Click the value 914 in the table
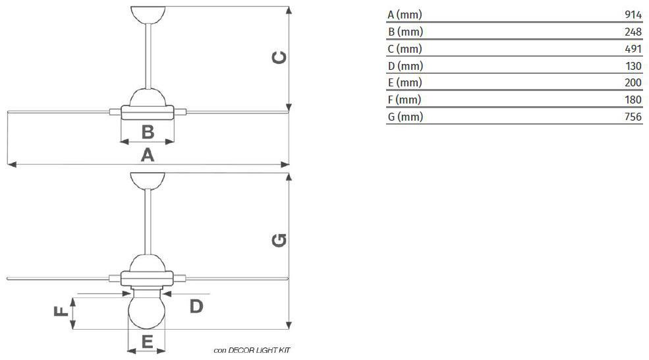point(633,15)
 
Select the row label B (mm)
point(405,32)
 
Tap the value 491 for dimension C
point(633,49)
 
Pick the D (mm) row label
point(405,66)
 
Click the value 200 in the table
point(633,82)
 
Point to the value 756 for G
point(633,117)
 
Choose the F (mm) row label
point(405,100)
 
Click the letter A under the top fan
point(148,155)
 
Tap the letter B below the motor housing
point(148,132)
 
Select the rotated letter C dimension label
point(279,57)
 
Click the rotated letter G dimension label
point(279,240)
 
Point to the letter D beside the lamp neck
point(196,307)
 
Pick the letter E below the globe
point(148,342)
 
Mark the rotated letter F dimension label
point(61,311)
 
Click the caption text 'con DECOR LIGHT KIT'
point(252,351)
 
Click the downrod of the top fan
point(148,56)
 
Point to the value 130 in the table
point(633,66)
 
